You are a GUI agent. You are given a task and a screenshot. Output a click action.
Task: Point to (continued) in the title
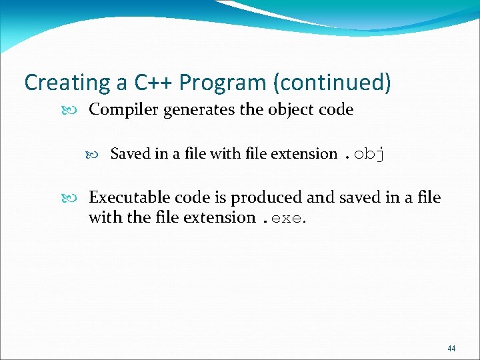[x=331, y=83]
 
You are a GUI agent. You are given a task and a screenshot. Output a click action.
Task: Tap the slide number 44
[x=452, y=349]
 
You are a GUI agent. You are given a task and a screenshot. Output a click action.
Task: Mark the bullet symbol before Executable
[x=77, y=197]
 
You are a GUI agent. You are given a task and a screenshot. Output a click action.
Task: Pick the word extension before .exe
[x=223, y=217]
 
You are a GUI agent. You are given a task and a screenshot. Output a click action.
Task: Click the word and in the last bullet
[x=320, y=197]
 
